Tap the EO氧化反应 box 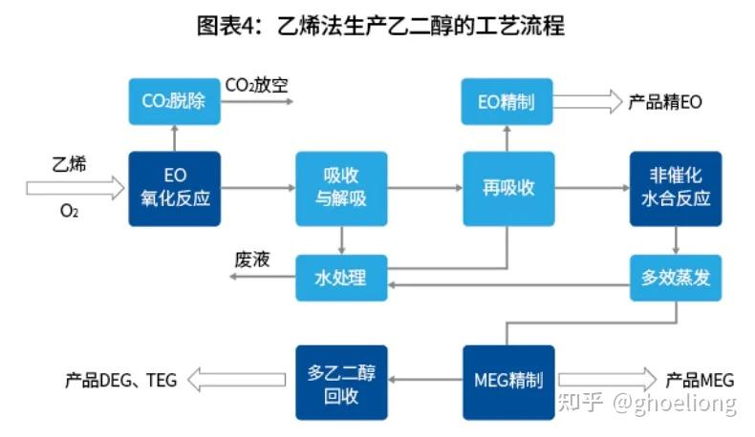pos(174,188)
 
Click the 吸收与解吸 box pos(341,188)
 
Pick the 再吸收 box pos(507,188)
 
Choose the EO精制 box pos(507,101)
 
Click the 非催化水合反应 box pos(676,188)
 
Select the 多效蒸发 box pos(676,278)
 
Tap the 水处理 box pos(341,278)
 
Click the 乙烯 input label pos(69,164)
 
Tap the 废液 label pos(252,260)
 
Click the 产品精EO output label pos(665,102)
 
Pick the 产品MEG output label pos(700,380)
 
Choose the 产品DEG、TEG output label pos(121,380)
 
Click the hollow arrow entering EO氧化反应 pos(75,188)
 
